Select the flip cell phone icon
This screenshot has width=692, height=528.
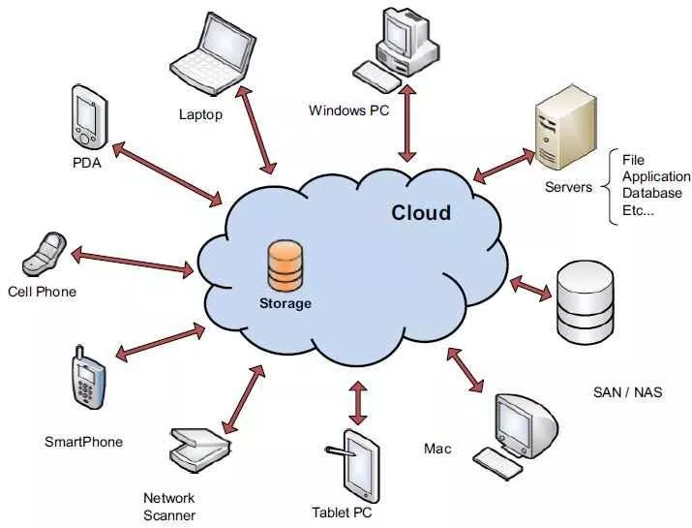tap(44, 254)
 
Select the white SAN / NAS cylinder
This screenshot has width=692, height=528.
tap(586, 302)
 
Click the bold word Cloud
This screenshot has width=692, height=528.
tap(421, 213)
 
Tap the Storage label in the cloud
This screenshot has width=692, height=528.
tap(286, 303)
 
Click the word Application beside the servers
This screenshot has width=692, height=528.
tap(656, 176)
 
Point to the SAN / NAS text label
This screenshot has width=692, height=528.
tap(627, 392)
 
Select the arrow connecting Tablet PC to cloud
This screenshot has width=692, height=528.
tap(358, 402)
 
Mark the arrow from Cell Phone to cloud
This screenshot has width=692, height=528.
tap(133, 262)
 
